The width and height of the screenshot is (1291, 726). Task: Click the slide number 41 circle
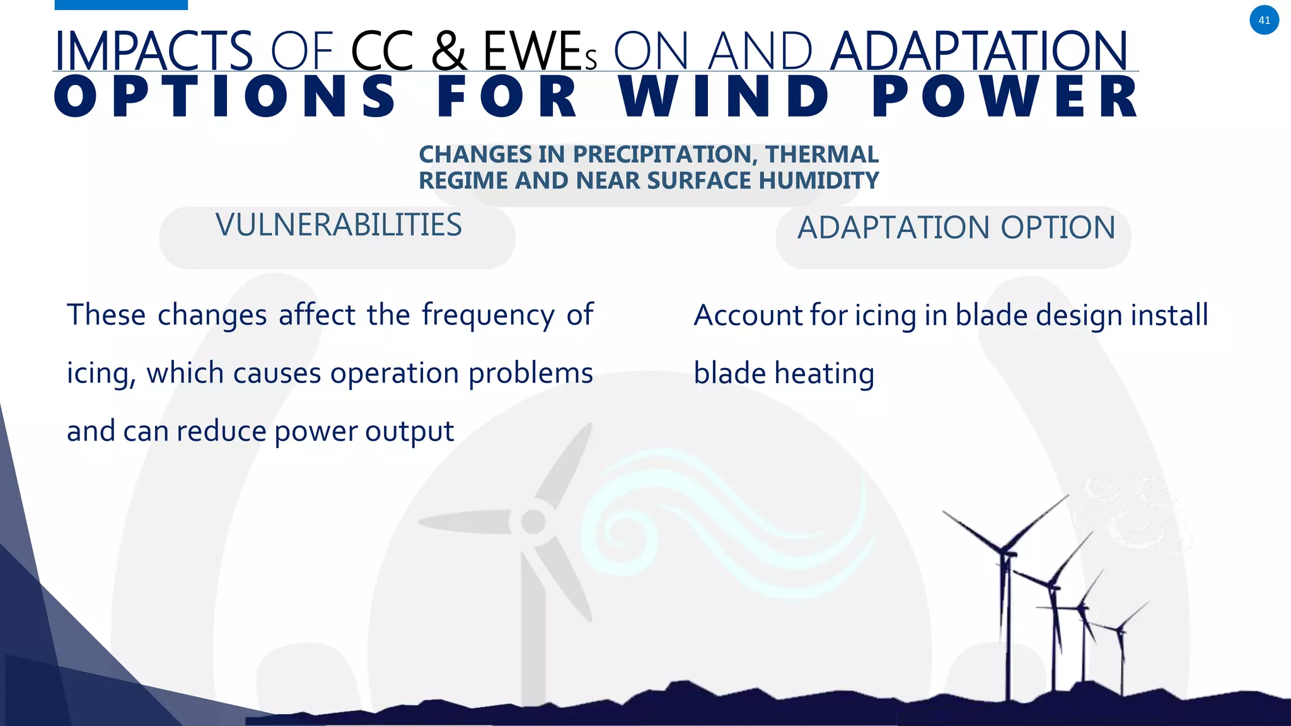coord(1264,20)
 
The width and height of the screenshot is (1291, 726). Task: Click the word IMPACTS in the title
coord(154,51)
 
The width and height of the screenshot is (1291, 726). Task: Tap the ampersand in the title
coord(449,51)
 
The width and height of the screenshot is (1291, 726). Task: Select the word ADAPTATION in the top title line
coord(978,51)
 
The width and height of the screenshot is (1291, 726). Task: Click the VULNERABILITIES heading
coord(339,226)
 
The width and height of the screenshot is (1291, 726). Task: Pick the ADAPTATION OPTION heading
coord(956,228)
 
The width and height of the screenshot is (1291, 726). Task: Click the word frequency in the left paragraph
coord(488,314)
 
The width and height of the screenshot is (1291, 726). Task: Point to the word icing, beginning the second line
coord(101,373)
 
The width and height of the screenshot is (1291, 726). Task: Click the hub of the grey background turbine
coord(534,522)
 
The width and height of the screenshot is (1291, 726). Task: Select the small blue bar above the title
coord(121,4)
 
